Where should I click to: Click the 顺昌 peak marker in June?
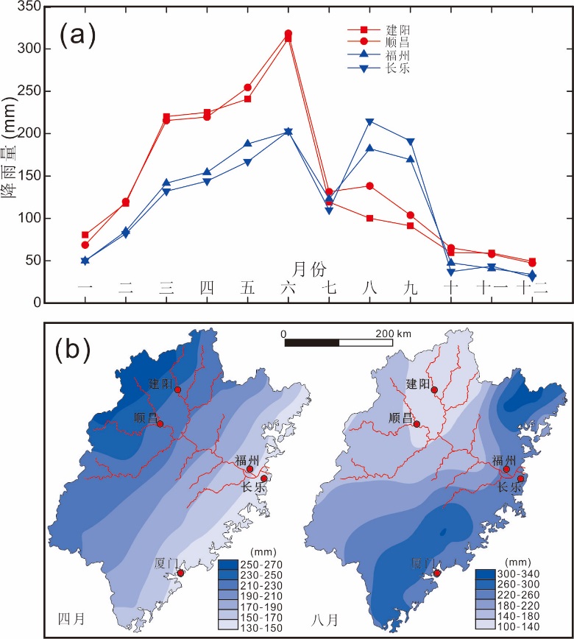point(288,34)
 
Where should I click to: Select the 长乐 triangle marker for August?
point(369,121)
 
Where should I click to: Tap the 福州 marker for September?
point(411,159)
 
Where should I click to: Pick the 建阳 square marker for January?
point(85,235)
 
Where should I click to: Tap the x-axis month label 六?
point(288,288)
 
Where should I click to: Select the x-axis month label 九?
point(411,288)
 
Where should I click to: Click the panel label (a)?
point(78,34)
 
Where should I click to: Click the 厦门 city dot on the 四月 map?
point(180,573)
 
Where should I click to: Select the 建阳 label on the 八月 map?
point(420,384)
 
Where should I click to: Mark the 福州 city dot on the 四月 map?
point(249,469)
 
